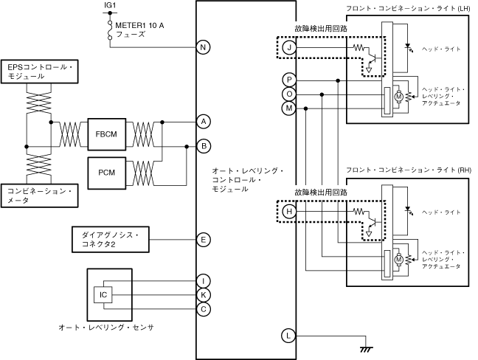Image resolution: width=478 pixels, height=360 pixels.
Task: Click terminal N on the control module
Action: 204,47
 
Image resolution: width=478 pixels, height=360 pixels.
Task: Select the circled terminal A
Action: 204,122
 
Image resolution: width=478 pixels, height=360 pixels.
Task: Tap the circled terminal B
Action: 204,146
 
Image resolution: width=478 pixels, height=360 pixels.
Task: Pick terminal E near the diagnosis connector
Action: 204,240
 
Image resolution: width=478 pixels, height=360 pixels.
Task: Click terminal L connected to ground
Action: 288,336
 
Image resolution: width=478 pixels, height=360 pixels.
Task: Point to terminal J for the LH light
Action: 289,47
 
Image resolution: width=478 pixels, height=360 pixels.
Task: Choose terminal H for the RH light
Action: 289,211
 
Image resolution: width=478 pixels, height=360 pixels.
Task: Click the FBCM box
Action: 107,134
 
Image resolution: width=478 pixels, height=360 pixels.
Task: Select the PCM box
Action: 107,173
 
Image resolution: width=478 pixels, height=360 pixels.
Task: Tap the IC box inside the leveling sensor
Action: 103,295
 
